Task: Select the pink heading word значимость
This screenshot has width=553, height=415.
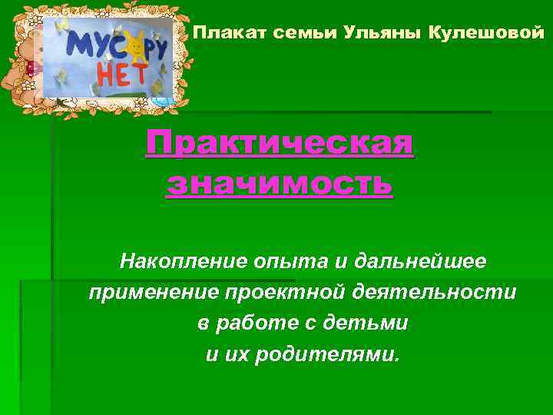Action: [x=280, y=184]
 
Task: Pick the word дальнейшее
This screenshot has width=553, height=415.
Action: [x=420, y=261]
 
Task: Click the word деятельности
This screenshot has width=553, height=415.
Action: [x=427, y=293]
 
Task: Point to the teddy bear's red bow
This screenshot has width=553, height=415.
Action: [x=31, y=68]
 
